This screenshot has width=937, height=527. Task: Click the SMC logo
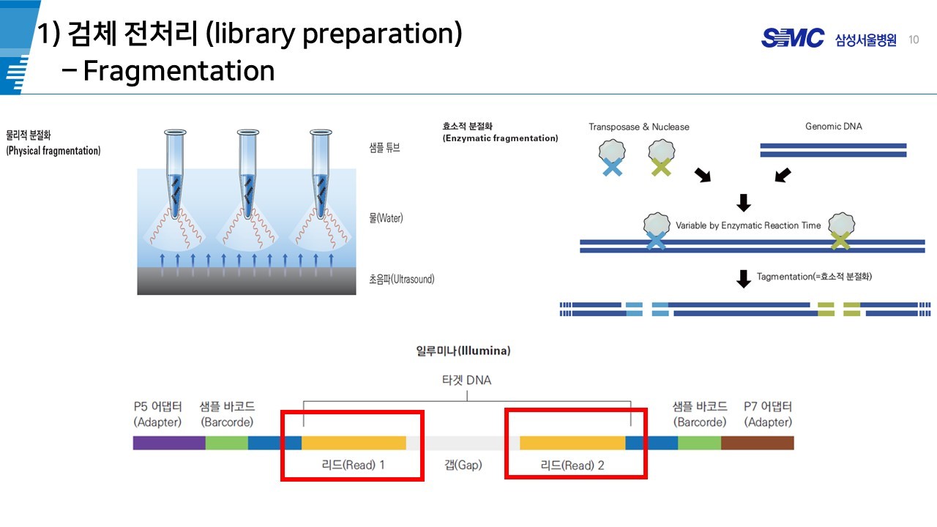[793, 38]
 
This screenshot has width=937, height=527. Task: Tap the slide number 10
[914, 40]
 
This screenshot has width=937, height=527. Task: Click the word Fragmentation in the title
[179, 71]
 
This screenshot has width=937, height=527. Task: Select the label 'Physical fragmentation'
[53, 151]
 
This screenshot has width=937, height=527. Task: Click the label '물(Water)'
[386, 218]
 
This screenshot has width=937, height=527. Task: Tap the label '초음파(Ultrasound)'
[401, 279]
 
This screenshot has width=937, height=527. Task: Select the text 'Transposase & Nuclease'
[638, 127]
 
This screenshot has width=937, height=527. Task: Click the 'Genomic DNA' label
[833, 127]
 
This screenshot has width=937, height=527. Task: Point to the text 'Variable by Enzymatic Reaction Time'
[748, 225]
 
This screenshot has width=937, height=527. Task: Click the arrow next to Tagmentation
[743, 278]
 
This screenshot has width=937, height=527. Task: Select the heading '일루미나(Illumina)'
[463, 351]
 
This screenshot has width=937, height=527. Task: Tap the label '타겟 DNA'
[467, 380]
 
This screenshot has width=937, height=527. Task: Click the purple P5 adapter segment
[169, 443]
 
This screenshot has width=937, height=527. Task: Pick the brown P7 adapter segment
[757, 443]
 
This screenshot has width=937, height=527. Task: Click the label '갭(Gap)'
[463, 465]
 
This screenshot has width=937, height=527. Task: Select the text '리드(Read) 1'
[353, 465]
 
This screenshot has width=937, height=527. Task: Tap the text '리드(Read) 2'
[572, 465]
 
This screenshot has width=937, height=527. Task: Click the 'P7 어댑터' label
[767, 407]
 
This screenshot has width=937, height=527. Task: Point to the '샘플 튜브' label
[385, 147]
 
